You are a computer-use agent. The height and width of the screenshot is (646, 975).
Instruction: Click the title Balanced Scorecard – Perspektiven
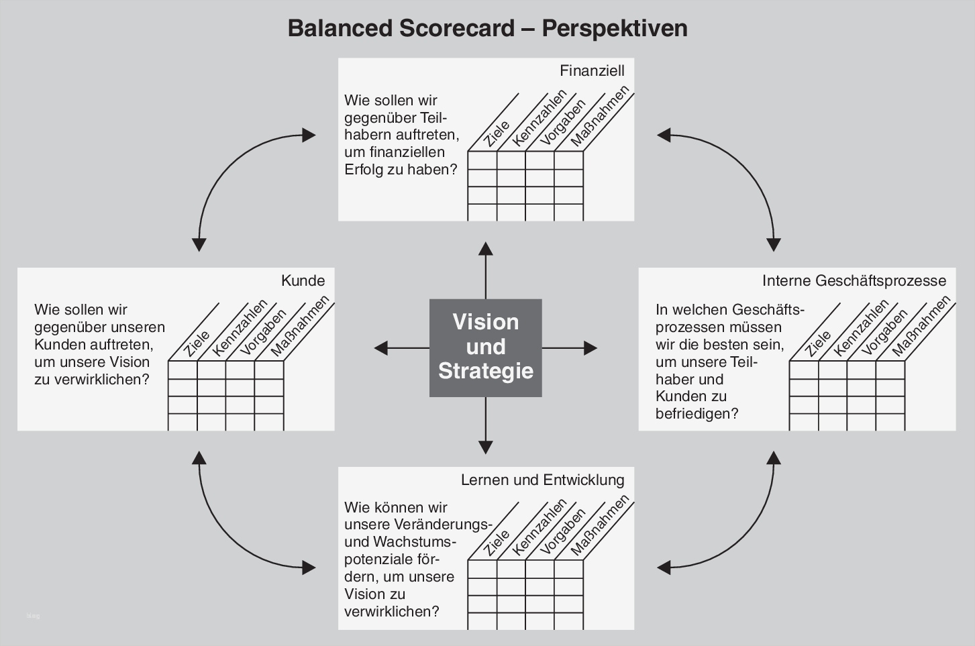click(487, 28)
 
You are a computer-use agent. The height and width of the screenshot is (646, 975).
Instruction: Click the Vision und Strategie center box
click(485, 347)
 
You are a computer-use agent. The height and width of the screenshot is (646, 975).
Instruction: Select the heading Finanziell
click(592, 70)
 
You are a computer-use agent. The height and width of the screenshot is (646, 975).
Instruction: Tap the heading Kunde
click(303, 280)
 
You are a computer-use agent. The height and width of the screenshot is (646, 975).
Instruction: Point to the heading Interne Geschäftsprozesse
click(854, 280)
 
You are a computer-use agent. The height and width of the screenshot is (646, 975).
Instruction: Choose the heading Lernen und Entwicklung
click(542, 480)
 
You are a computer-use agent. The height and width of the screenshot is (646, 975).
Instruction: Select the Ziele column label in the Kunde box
click(197, 343)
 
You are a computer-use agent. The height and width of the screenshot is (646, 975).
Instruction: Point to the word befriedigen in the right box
click(697, 414)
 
